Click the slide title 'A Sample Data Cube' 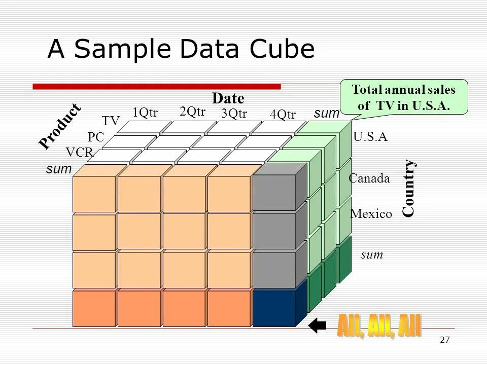[x=181, y=50]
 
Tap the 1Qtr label [x=145, y=113]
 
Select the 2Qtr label [x=192, y=112]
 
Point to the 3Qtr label [x=234, y=114]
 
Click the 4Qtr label [x=283, y=115]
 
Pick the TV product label [x=111, y=121]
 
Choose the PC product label [x=95, y=137]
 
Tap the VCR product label [x=79, y=152]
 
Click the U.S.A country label [x=370, y=137]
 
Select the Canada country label [x=369, y=178]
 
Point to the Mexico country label [x=371, y=214]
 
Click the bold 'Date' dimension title [x=228, y=98]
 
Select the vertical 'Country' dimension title [x=409, y=189]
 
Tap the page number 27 [x=444, y=340]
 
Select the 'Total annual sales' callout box [x=404, y=98]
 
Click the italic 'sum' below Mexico [x=372, y=255]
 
